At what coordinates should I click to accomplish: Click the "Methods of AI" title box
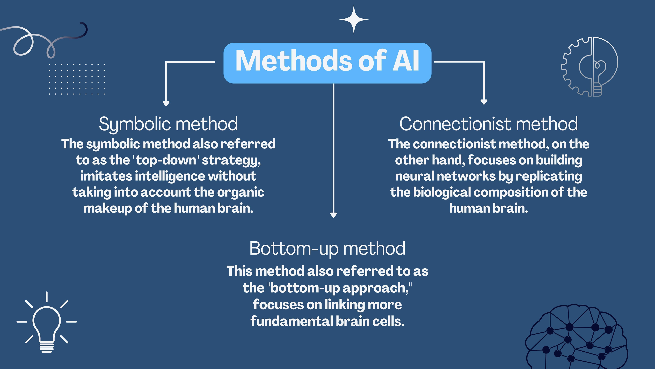point(327,63)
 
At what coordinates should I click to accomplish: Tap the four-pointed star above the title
point(354,19)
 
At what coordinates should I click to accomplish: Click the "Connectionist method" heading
point(489,124)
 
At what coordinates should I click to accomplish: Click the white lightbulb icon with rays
point(47,323)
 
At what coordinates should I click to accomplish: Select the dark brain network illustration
point(576,339)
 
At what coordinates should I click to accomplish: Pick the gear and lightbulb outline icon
point(590,67)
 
